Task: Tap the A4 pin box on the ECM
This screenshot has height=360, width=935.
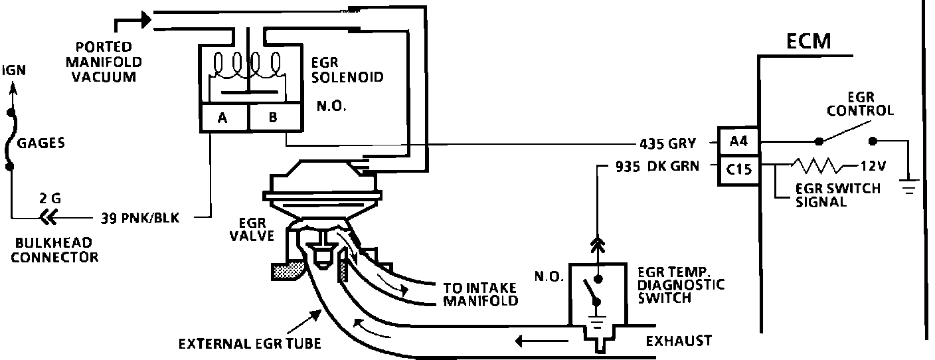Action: tap(738, 141)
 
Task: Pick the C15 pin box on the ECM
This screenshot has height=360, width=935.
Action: tap(738, 169)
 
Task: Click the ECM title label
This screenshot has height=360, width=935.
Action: tap(808, 41)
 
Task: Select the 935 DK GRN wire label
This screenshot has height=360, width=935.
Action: tap(647, 167)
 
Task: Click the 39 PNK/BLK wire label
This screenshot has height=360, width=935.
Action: tap(139, 217)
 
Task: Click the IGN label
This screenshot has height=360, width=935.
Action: tap(15, 70)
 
